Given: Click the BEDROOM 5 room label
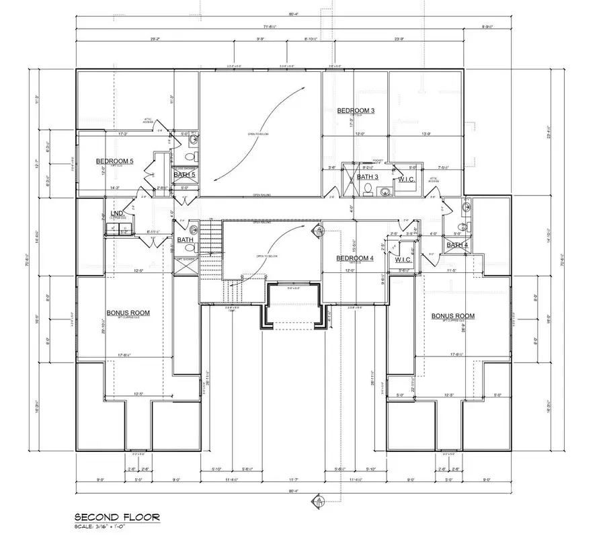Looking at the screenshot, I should [x=115, y=161].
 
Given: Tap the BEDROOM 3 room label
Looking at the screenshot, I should [x=356, y=110].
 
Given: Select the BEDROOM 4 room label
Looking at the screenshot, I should [x=354, y=258].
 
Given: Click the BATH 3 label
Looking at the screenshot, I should [x=367, y=177].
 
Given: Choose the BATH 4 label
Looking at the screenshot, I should [x=457, y=245].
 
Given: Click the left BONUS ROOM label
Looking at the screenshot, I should [x=128, y=313].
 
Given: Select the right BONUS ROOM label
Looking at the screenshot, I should [x=452, y=315].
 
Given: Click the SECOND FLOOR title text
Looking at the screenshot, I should [x=117, y=517].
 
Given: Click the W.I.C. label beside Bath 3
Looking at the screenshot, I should [x=405, y=180].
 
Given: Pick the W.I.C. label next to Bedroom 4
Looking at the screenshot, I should [x=403, y=260].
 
